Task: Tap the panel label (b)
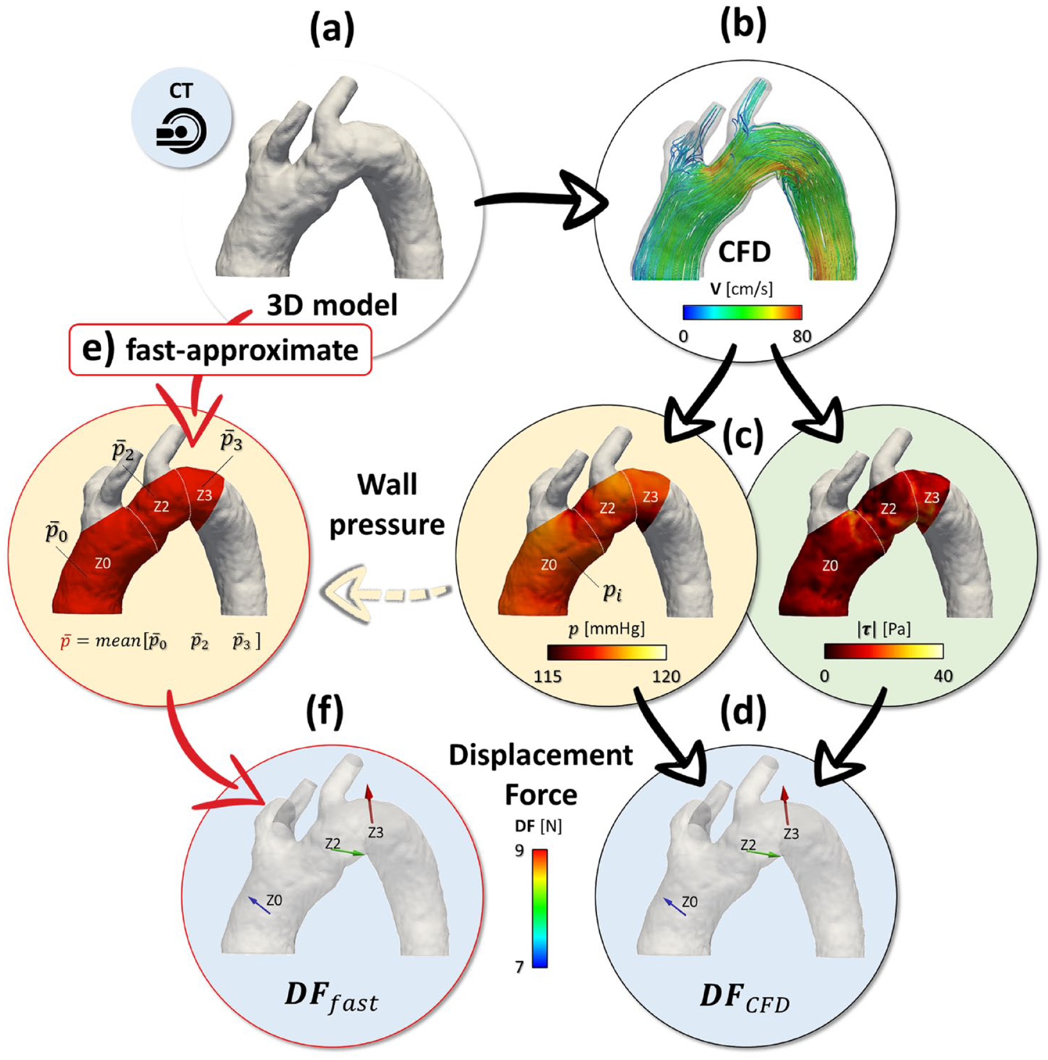743,26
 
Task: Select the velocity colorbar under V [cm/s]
742,312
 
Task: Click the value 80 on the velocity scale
802,337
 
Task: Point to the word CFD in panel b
744,252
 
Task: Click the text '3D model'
332,305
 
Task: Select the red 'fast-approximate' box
220,350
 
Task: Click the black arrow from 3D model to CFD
540,201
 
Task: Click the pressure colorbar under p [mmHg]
606,652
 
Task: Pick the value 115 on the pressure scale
548,676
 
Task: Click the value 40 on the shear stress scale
942,676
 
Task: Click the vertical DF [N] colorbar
539,908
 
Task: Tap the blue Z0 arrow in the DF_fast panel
258,905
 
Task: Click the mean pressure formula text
160,641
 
